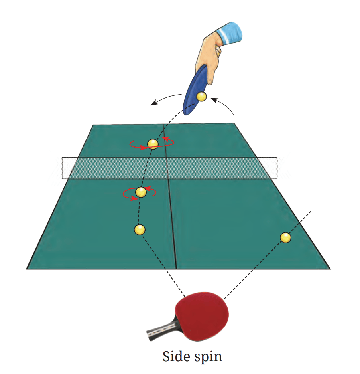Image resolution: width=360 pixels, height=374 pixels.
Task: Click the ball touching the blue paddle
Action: click(202, 96)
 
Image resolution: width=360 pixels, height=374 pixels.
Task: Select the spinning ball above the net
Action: click(153, 144)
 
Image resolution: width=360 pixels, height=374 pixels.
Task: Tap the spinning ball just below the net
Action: click(141, 192)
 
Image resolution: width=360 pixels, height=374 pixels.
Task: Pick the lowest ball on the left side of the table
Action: click(140, 230)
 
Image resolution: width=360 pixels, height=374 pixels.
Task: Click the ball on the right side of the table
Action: click(285, 237)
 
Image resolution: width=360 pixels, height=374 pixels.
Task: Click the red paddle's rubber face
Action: click(202, 313)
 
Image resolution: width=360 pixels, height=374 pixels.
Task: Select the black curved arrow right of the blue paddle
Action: click(224, 104)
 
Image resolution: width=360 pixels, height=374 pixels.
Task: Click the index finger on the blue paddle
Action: click(211, 71)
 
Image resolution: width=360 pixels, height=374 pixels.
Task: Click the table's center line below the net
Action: click(173, 224)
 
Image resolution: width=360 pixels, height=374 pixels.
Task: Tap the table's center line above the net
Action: click(165, 141)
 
